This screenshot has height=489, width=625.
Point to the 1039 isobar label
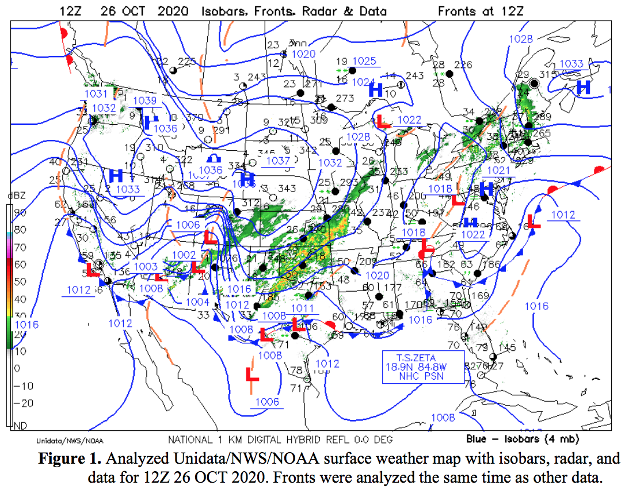tap(144, 101)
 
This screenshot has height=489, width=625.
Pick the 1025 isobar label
tap(364, 62)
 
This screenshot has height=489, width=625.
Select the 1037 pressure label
tap(277, 161)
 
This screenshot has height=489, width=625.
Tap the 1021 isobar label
tap(498, 170)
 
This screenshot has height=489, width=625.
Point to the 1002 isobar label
tap(184, 254)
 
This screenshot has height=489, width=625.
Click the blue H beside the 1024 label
tap(376, 90)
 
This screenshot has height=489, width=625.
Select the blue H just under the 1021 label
tap(487, 188)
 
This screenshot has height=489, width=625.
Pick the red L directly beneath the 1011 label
tap(298, 324)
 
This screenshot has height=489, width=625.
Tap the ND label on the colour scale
tap(18, 426)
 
